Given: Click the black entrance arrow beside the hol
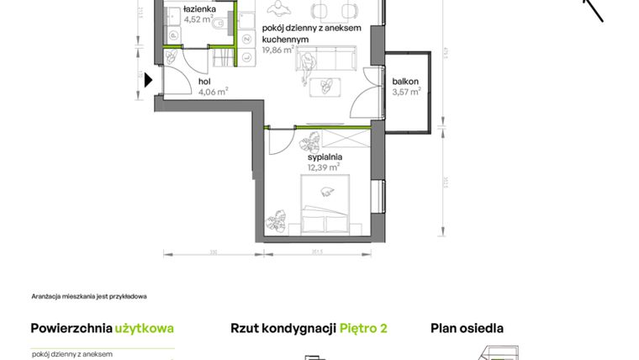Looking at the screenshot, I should point(149,81).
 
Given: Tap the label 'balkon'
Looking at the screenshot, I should point(405,82).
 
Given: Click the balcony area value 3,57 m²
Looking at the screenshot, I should point(406,93).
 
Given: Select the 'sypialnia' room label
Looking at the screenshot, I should point(324,156).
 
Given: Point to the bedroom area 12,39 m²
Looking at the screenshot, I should point(323,167).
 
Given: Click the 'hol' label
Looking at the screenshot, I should point(204,82).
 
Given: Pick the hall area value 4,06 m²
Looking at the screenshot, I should point(213,93).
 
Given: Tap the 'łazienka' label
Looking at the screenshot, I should point(200,8).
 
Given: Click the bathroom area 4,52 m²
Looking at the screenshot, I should point(199,19).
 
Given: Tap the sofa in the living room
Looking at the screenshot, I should point(340,60).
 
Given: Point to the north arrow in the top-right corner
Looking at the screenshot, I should point(594,9).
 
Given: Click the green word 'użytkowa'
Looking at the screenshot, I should point(144,328).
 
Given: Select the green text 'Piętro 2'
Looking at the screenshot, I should point(363,328).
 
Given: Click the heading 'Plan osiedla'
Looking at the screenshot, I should point(467,328).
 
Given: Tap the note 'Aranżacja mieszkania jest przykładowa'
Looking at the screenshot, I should point(88,296).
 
